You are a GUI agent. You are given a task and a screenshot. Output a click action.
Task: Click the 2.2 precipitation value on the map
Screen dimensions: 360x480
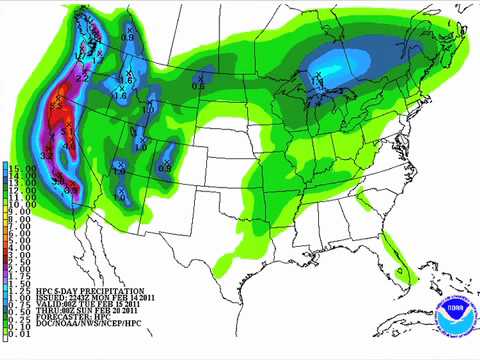(82, 77)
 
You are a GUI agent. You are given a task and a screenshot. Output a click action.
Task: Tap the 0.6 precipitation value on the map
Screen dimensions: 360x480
(198, 87)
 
